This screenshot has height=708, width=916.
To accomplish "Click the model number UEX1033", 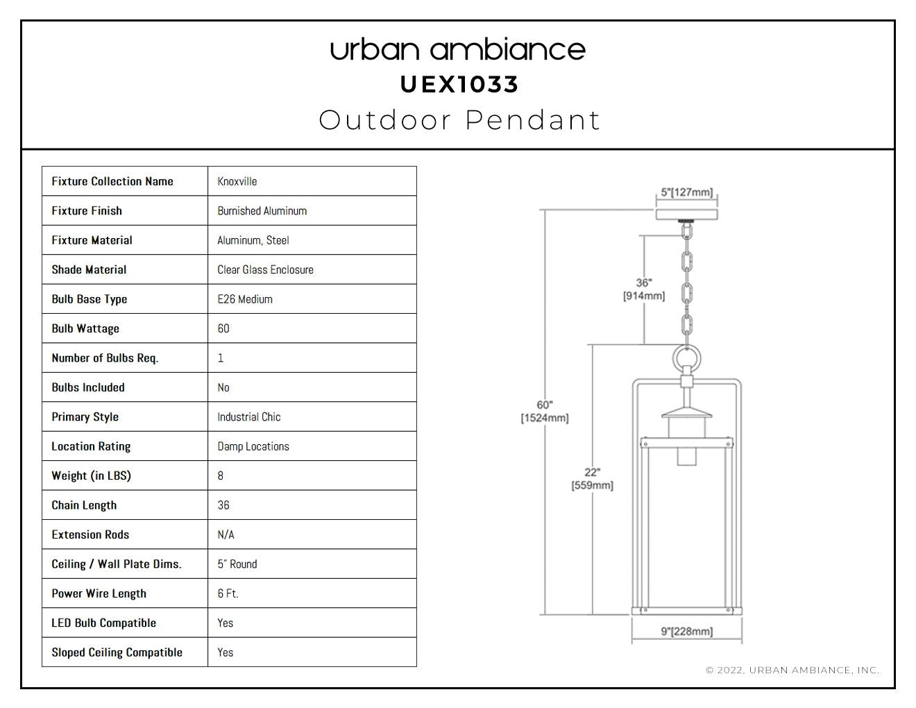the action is click(x=459, y=85).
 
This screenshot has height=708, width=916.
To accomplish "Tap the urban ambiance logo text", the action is click(x=458, y=50).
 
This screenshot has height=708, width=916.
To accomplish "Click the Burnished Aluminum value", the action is click(x=262, y=211).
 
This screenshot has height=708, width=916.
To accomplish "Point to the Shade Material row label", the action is click(x=89, y=269).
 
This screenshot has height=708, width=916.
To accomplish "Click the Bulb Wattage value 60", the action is click(x=223, y=328).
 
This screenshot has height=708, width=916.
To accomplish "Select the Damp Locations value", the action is click(x=253, y=446).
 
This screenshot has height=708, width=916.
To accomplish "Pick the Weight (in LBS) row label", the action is click(x=91, y=475).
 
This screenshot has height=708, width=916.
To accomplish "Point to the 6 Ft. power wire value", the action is click(x=228, y=593).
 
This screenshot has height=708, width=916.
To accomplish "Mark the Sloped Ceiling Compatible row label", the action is click(x=117, y=652).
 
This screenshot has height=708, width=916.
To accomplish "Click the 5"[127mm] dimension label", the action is click(x=687, y=192).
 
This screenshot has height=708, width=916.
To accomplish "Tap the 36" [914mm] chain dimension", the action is click(x=644, y=289).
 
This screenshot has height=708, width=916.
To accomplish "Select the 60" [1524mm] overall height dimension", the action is click(x=545, y=411).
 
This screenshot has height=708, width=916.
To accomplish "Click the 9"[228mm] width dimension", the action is click(x=687, y=631).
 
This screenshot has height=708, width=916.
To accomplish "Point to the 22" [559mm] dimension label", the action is click(x=592, y=479).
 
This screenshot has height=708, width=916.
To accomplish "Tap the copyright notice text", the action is click(x=792, y=670).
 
